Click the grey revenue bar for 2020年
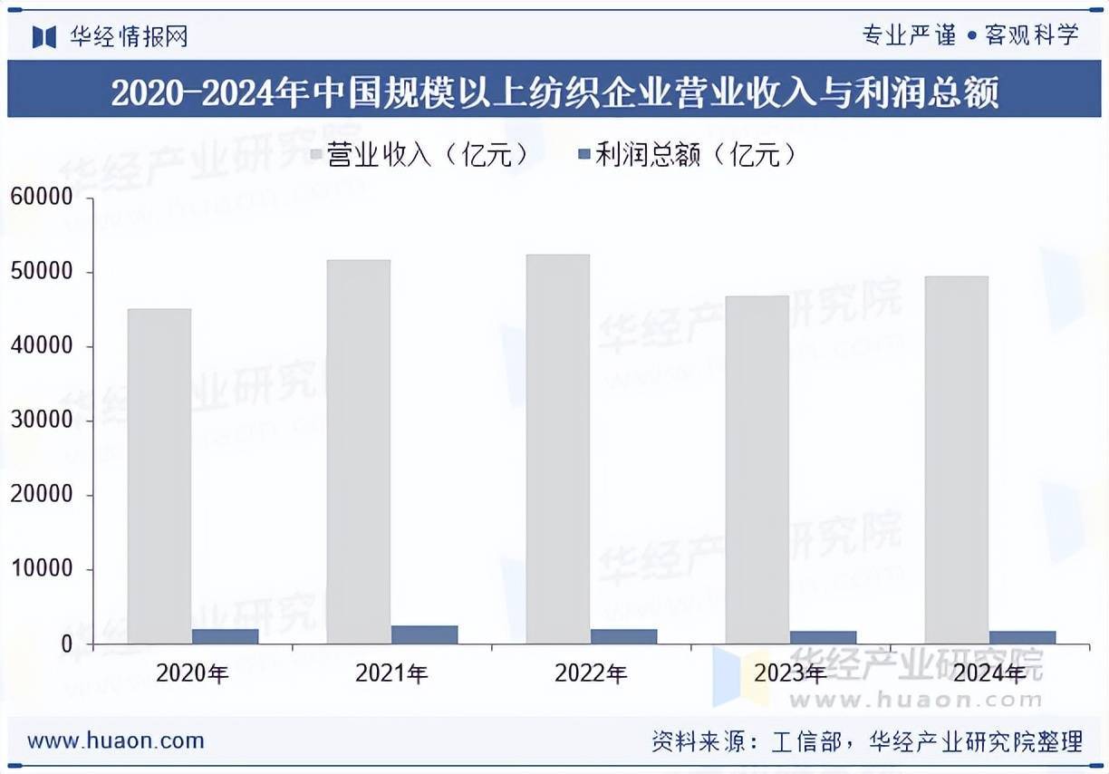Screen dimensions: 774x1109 [159, 476]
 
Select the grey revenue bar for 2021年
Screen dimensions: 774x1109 [359, 451]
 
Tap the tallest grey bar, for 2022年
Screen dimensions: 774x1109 [558, 449]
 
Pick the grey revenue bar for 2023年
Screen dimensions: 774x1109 [757, 469]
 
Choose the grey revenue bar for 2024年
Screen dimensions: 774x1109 [957, 460]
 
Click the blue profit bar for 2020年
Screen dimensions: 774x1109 [225, 636]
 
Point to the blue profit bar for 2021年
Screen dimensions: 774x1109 [424, 634]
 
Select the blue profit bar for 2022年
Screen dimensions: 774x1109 [623, 636]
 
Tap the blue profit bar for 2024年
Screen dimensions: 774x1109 [1022, 637]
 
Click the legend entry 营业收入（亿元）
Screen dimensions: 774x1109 [418, 155]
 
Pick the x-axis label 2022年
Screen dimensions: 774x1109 [591, 673]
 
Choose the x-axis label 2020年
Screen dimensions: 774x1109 [192, 673]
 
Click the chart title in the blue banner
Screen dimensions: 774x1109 [554, 92]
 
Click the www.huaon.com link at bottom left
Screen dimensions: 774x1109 [116, 740]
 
